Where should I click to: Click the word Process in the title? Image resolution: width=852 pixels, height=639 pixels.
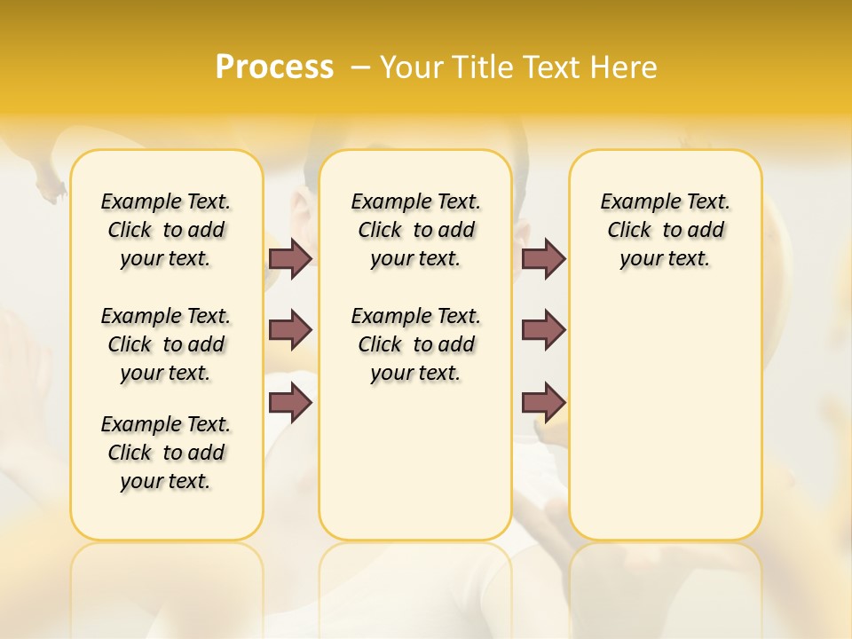click(x=274, y=67)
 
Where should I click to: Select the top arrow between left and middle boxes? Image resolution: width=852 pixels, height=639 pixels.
click(x=290, y=258)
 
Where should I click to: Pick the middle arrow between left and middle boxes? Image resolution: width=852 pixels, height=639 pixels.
click(x=290, y=330)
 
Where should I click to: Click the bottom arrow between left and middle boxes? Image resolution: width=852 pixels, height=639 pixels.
click(x=290, y=402)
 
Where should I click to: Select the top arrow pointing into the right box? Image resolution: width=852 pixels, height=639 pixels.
click(x=543, y=258)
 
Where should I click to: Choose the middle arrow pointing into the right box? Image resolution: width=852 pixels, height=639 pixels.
click(x=543, y=330)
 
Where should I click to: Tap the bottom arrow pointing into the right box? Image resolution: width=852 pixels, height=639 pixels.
click(x=543, y=402)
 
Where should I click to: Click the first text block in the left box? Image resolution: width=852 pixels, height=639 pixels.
click(x=165, y=230)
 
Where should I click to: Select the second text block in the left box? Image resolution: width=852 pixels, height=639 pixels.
click(x=165, y=344)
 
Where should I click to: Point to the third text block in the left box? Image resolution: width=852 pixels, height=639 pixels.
click(x=165, y=453)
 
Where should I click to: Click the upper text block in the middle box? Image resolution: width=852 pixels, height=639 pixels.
click(x=415, y=230)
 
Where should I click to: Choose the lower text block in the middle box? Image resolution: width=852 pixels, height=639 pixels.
click(x=415, y=344)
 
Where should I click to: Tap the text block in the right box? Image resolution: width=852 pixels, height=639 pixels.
click(x=665, y=230)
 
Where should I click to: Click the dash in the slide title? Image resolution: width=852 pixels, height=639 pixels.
click(x=360, y=67)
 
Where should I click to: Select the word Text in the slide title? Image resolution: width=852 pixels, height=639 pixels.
click(x=550, y=67)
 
